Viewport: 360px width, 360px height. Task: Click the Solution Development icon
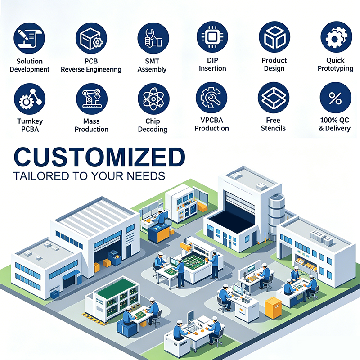coord(29,38)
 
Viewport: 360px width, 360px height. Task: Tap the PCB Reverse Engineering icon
coord(91,38)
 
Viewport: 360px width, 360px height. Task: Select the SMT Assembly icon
coord(153,38)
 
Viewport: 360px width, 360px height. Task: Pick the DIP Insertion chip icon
coord(212,37)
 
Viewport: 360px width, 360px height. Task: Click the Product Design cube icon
coord(274,37)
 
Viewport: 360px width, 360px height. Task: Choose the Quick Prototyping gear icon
coord(336,37)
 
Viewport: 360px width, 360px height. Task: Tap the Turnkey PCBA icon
coord(30,99)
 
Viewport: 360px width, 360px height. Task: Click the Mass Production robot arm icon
coord(92,99)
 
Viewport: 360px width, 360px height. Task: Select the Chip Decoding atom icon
coord(153,99)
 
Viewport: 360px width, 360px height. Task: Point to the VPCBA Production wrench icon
coord(211,98)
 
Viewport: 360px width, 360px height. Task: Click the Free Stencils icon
coord(274,98)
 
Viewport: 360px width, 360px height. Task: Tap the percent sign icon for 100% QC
coord(335,98)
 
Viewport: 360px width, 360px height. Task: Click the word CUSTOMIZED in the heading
coord(99,157)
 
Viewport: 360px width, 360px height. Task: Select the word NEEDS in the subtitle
coord(146,176)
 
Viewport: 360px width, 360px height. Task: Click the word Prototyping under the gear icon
coord(335,69)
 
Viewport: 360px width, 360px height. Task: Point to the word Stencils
coord(273,128)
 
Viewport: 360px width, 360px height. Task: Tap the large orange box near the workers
coord(273,308)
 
